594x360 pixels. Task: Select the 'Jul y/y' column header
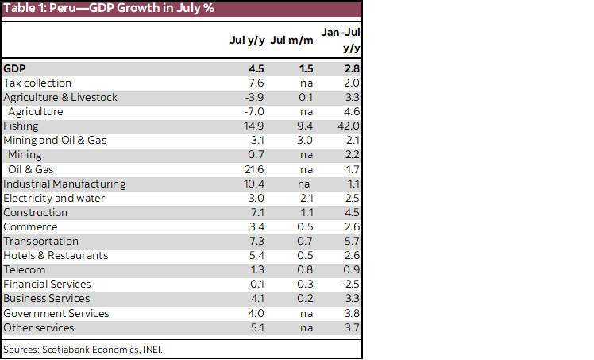click(x=246, y=40)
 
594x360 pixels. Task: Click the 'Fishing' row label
click(x=21, y=126)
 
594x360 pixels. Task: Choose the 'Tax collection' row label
click(x=37, y=83)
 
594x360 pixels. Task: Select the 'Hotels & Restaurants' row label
click(x=56, y=255)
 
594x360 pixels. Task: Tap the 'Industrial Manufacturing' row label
click(x=64, y=184)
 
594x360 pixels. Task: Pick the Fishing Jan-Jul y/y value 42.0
click(x=349, y=126)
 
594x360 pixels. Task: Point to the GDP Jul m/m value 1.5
click(x=305, y=68)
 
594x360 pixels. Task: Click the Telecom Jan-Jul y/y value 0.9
click(x=352, y=269)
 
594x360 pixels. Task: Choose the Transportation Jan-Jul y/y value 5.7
click(x=352, y=241)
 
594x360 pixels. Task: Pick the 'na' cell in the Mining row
click(x=307, y=155)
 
